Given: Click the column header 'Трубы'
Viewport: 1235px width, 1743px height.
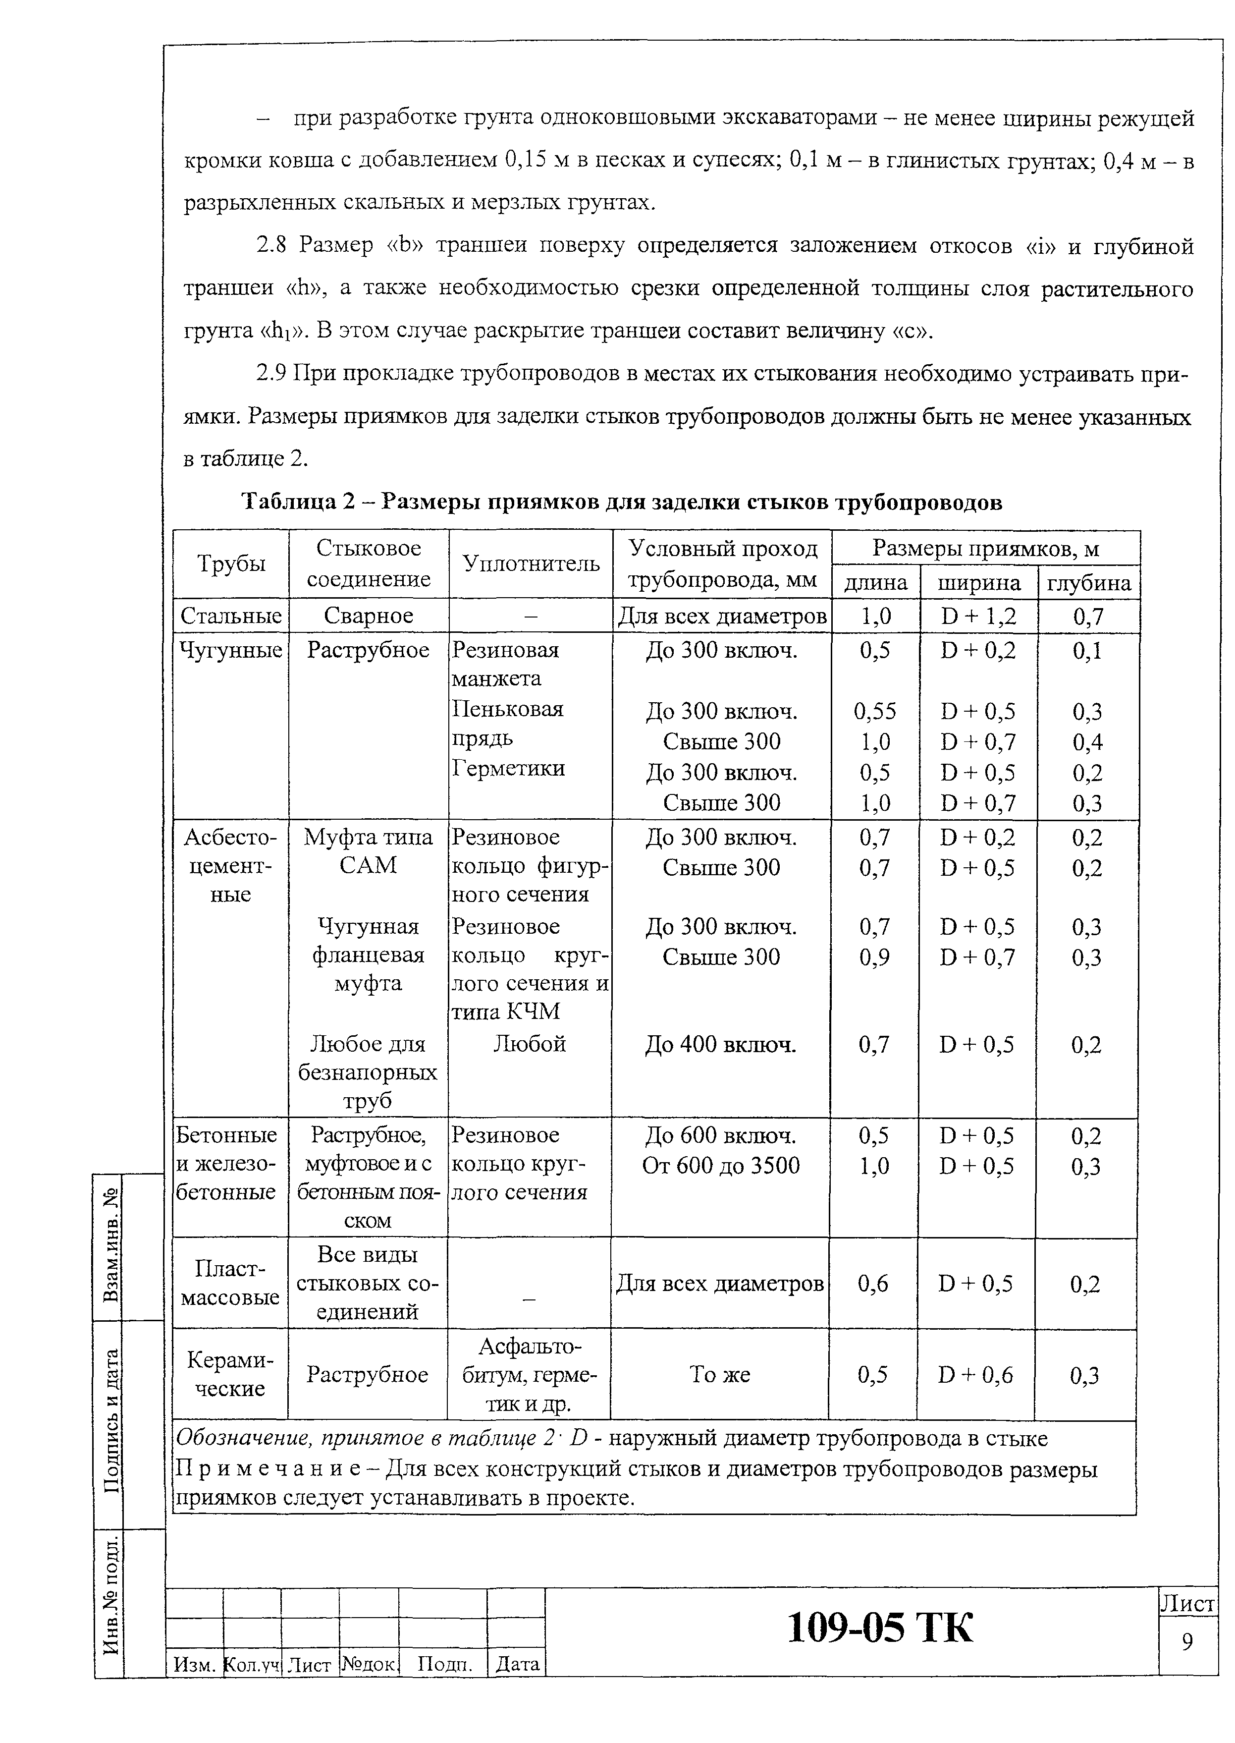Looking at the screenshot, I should (231, 564).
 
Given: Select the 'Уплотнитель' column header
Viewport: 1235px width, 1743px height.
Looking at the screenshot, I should (531, 564).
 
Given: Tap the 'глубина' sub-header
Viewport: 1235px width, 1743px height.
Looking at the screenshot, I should (1089, 583).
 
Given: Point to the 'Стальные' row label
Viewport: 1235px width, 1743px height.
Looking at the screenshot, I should (231, 616).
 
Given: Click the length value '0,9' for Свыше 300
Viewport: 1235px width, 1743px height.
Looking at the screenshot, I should (874, 957).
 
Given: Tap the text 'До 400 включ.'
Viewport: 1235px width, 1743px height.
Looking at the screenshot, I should (720, 1045).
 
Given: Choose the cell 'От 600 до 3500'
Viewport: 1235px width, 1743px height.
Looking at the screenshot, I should (720, 1166).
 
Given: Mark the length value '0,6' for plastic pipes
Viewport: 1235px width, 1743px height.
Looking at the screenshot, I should (873, 1284).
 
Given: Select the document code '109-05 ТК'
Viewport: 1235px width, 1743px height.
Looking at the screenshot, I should (879, 1628).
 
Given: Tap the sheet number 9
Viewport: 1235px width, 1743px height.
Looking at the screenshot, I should (1187, 1642).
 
